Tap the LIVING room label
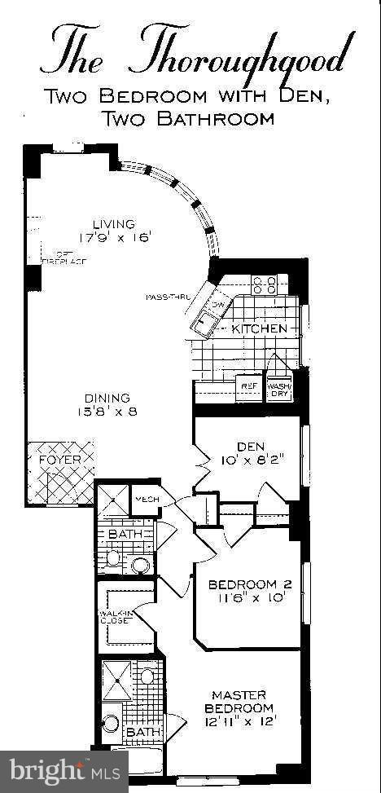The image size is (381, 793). pyautogui.click(x=113, y=224)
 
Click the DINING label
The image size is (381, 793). pyautogui.click(x=107, y=398)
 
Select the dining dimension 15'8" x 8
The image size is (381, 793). pyautogui.click(x=107, y=412)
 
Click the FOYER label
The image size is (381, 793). pyautogui.click(x=60, y=460)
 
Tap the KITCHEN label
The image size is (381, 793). pyautogui.click(x=259, y=328)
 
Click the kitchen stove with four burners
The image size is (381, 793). pyautogui.click(x=265, y=284)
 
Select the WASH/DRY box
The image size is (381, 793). pyautogui.click(x=278, y=389)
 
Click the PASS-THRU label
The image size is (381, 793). pyautogui.click(x=167, y=297)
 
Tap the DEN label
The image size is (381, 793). pyautogui.click(x=247, y=446)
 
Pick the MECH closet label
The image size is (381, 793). pyautogui.click(x=147, y=500)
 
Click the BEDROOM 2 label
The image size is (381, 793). pyautogui.click(x=244, y=584)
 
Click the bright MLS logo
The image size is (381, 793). pyautogui.click(x=63, y=770)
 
